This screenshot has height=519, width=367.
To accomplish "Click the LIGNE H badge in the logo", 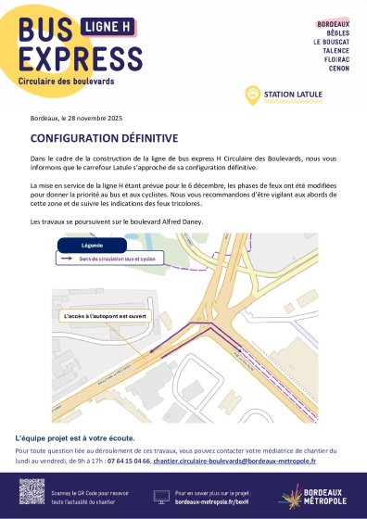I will click(x=108, y=29).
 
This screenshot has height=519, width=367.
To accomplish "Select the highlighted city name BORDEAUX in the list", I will click(x=333, y=24).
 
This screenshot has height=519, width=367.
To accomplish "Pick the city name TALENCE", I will click(x=336, y=51).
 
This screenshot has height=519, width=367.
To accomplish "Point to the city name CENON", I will click(x=339, y=69).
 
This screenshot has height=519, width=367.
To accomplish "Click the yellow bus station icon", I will click(x=250, y=95).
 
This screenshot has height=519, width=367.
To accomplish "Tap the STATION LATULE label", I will click(x=290, y=95).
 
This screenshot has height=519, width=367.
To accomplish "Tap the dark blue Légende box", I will click(x=92, y=246).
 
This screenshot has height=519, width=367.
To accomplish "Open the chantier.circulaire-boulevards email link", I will click(x=234, y=460).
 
